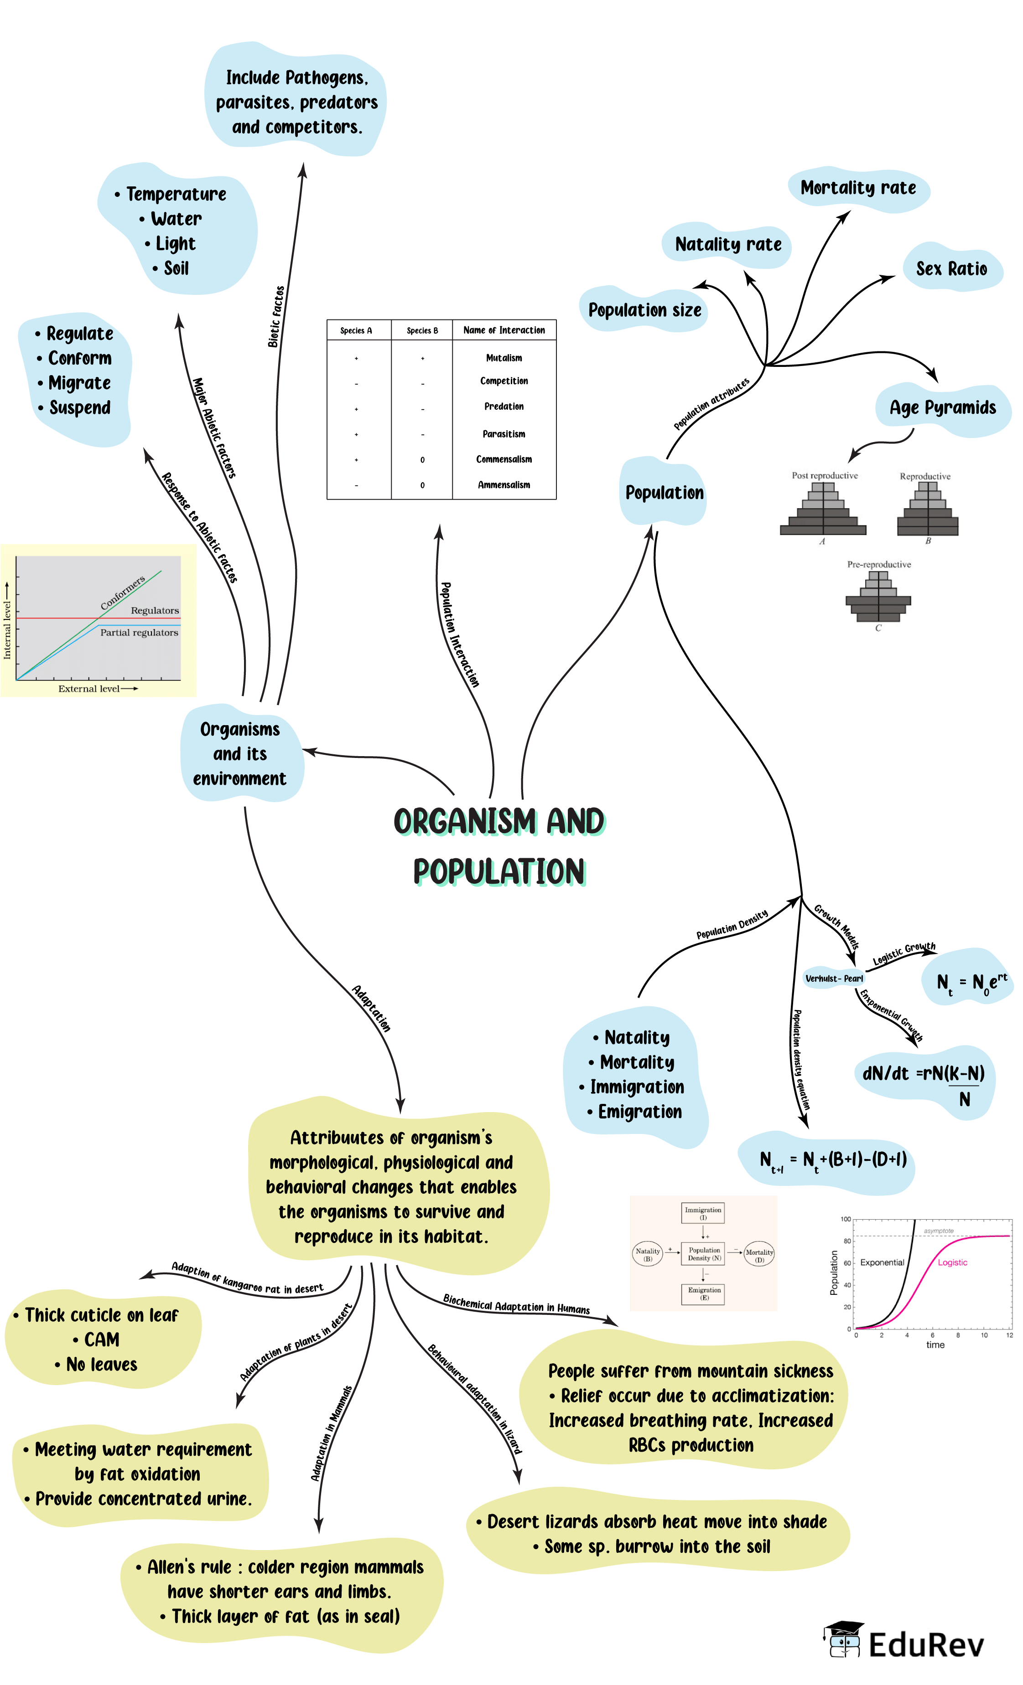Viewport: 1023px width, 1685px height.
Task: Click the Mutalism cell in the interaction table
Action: pos(504,358)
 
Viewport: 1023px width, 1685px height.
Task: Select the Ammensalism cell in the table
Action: pos(504,485)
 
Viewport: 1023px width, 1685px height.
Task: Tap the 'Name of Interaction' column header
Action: pos(504,330)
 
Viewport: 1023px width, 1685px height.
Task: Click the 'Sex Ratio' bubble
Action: pos(951,269)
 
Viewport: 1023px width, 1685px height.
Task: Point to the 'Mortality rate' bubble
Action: pos(858,188)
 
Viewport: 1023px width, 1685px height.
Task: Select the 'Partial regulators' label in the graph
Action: pos(139,633)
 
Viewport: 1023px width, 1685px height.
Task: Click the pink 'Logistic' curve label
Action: pos(952,1262)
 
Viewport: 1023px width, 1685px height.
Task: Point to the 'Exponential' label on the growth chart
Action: pos(882,1262)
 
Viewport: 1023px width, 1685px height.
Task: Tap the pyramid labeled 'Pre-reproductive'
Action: pos(878,596)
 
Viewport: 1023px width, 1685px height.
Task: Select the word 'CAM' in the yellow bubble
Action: pos(101,1340)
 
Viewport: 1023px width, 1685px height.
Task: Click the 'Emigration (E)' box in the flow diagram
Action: pos(703,1293)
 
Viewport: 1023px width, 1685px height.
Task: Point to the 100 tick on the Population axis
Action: pos(846,1219)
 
